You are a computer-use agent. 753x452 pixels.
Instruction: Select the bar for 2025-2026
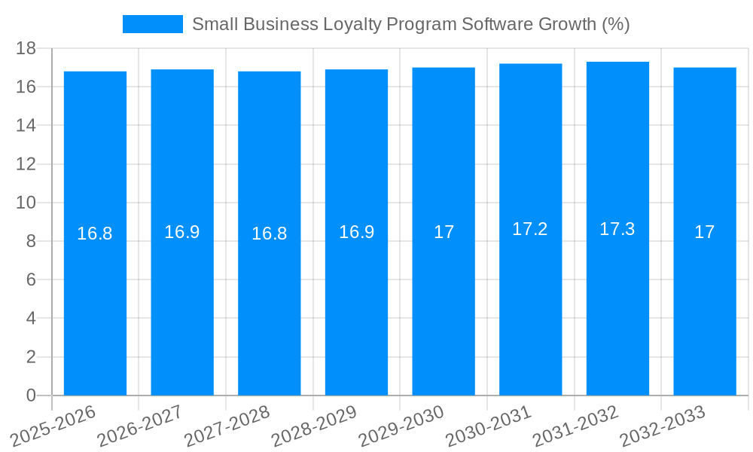pyautogui.click(x=95, y=301)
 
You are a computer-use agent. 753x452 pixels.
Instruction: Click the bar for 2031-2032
pyautogui.click(x=617, y=301)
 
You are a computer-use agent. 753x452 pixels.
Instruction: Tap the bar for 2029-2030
pyautogui.click(x=444, y=301)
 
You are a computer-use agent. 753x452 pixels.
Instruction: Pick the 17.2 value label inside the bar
pyautogui.click(x=530, y=230)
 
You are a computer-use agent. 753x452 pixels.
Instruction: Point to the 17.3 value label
pyautogui.click(x=617, y=230)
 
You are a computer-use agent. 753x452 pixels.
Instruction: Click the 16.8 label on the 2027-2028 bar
pyautogui.click(x=269, y=234)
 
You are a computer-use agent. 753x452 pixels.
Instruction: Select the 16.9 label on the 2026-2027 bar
pyautogui.click(x=182, y=232)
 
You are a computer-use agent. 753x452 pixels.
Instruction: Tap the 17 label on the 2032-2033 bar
pyautogui.click(x=704, y=232)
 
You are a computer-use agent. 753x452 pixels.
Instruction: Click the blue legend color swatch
pyautogui.click(x=153, y=24)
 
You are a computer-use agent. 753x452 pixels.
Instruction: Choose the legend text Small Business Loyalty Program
pyautogui.click(x=410, y=24)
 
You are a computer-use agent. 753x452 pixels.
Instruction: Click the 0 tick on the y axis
pyautogui.click(x=31, y=395)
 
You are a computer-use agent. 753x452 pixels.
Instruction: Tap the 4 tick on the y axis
pyautogui.click(x=31, y=318)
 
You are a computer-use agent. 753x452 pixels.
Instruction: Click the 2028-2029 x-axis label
pyautogui.click(x=314, y=426)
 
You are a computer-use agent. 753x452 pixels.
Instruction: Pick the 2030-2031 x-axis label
pyautogui.click(x=489, y=426)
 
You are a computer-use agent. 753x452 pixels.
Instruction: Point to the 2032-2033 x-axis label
pyautogui.click(x=663, y=426)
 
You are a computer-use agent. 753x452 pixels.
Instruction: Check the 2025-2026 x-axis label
pyautogui.click(x=53, y=426)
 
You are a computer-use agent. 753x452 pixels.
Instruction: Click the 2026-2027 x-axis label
pyautogui.click(x=140, y=426)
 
